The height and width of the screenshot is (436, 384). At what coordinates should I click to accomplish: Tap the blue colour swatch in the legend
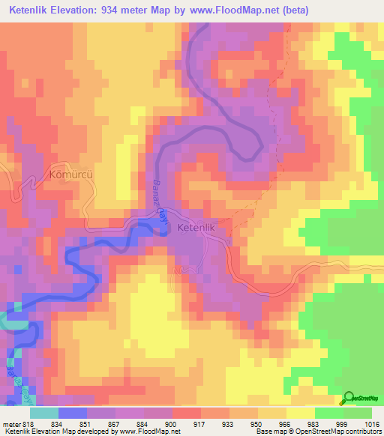[x=73, y=412]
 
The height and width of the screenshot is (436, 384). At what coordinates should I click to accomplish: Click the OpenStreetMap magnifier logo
[x=349, y=398]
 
